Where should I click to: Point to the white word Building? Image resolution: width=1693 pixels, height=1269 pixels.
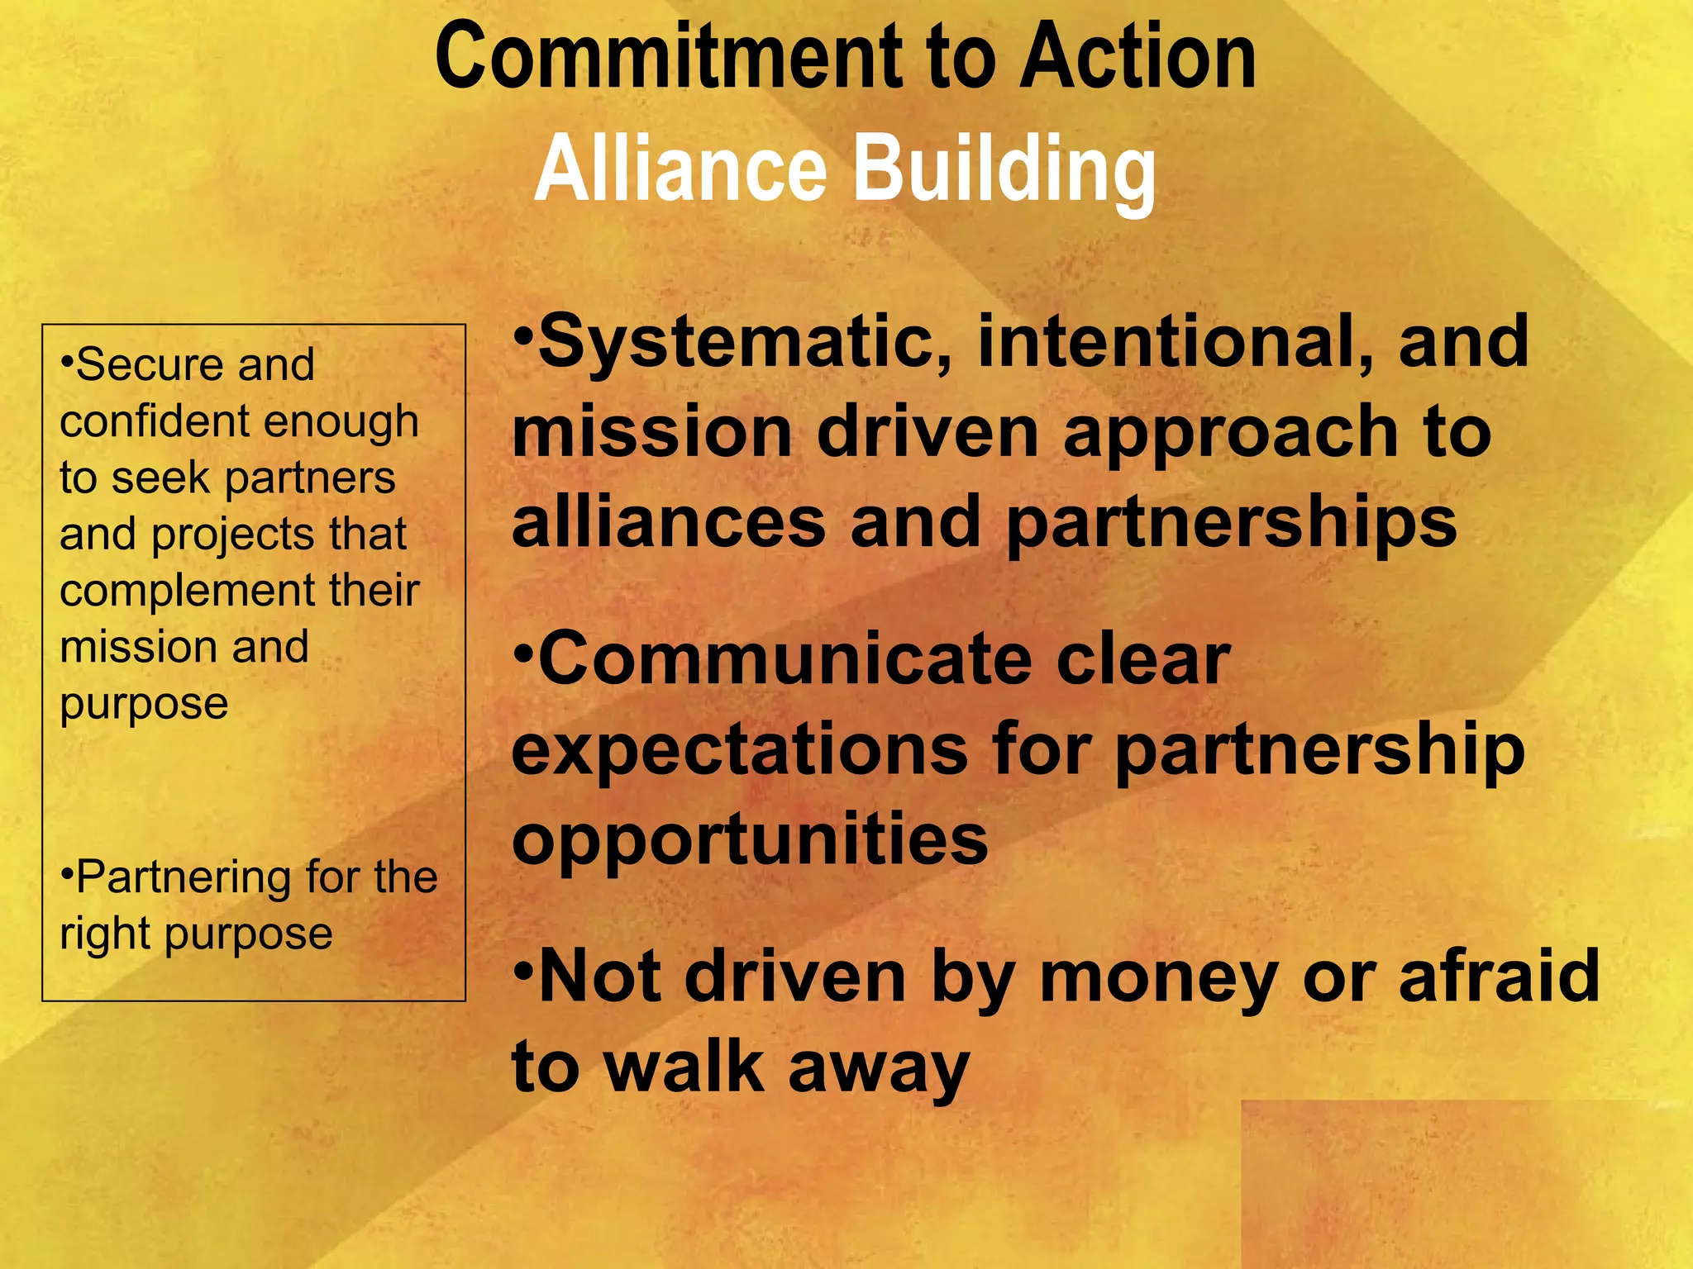tap(1004, 169)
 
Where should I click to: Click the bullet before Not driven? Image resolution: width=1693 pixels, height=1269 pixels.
tap(524, 967)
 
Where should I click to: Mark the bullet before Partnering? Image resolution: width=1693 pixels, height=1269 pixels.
tap(68, 872)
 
